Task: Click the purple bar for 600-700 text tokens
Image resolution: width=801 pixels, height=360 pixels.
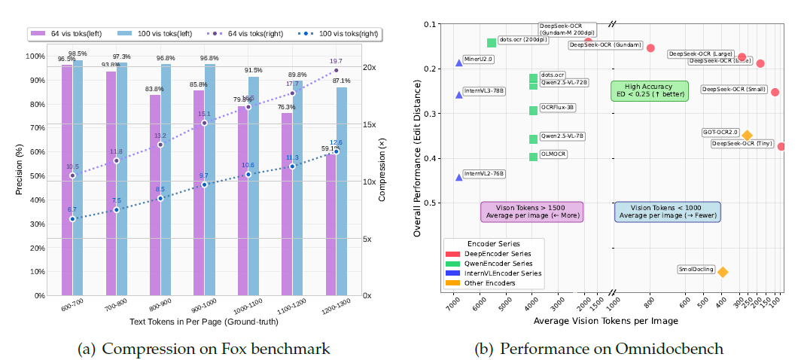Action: (67, 181)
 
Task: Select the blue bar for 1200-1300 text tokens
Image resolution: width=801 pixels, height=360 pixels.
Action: (342, 192)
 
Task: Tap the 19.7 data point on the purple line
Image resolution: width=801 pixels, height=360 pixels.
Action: (336, 71)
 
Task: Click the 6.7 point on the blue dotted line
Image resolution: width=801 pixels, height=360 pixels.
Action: (72, 219)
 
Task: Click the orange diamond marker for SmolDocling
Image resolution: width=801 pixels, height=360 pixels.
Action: (723, 272)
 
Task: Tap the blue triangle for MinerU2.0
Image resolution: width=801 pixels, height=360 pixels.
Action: (459, 63)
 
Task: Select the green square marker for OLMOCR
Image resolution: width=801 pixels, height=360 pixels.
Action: (534, 157)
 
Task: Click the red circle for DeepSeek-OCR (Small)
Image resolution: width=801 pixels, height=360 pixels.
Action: (775, 92)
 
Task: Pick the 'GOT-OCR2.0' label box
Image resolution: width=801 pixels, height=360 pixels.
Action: (720, 132)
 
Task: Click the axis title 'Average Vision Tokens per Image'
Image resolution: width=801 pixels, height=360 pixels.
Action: (606, 321)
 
